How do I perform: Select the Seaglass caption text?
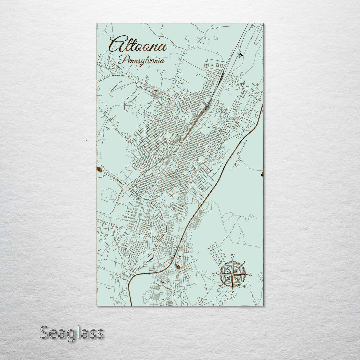click(72, 333)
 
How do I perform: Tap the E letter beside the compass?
click(251, 274)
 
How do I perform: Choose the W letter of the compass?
click(214, 274)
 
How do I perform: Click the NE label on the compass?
click(245, 262)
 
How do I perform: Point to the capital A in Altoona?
click(115, 44)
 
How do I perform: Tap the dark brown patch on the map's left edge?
click(99, 170)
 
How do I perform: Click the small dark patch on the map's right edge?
click(262, 174)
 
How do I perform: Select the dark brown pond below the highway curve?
click(178, 266)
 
